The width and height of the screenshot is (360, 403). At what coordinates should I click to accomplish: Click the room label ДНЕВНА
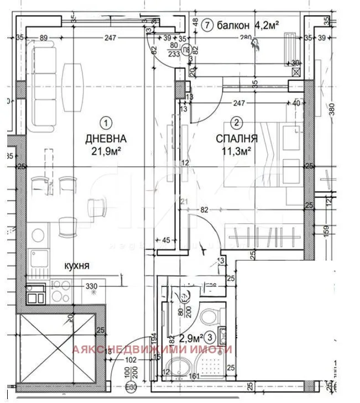coord(106,139)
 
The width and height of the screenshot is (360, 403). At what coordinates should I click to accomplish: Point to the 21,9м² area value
coord(106,150)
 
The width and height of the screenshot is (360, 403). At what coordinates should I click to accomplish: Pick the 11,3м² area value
coord(236,149)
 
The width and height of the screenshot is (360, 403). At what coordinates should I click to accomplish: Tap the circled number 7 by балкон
coord(207,25)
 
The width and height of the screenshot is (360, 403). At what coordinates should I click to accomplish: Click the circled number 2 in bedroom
coord(236,123)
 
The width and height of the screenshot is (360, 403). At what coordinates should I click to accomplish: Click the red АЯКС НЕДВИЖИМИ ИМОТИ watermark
coord(153,349)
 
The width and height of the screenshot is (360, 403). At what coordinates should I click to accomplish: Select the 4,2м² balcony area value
coord(266,25)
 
